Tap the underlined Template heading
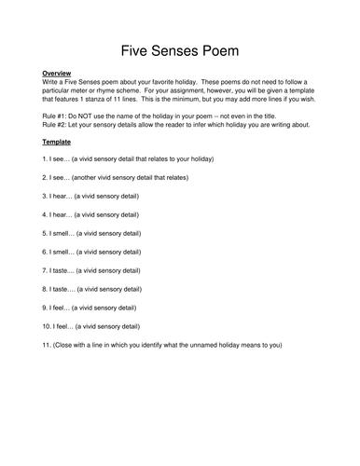tap(58, 142)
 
